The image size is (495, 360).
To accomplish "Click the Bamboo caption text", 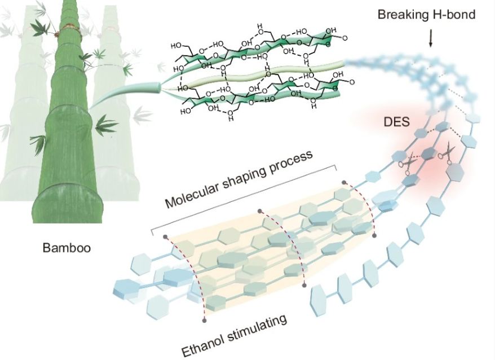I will click(x=67, y=247).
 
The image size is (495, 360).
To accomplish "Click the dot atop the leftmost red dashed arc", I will click(x=165, y=236).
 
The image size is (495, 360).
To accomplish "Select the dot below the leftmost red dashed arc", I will click(x=205, y=320).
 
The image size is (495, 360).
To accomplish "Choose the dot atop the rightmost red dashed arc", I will click(x=343, y=182).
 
